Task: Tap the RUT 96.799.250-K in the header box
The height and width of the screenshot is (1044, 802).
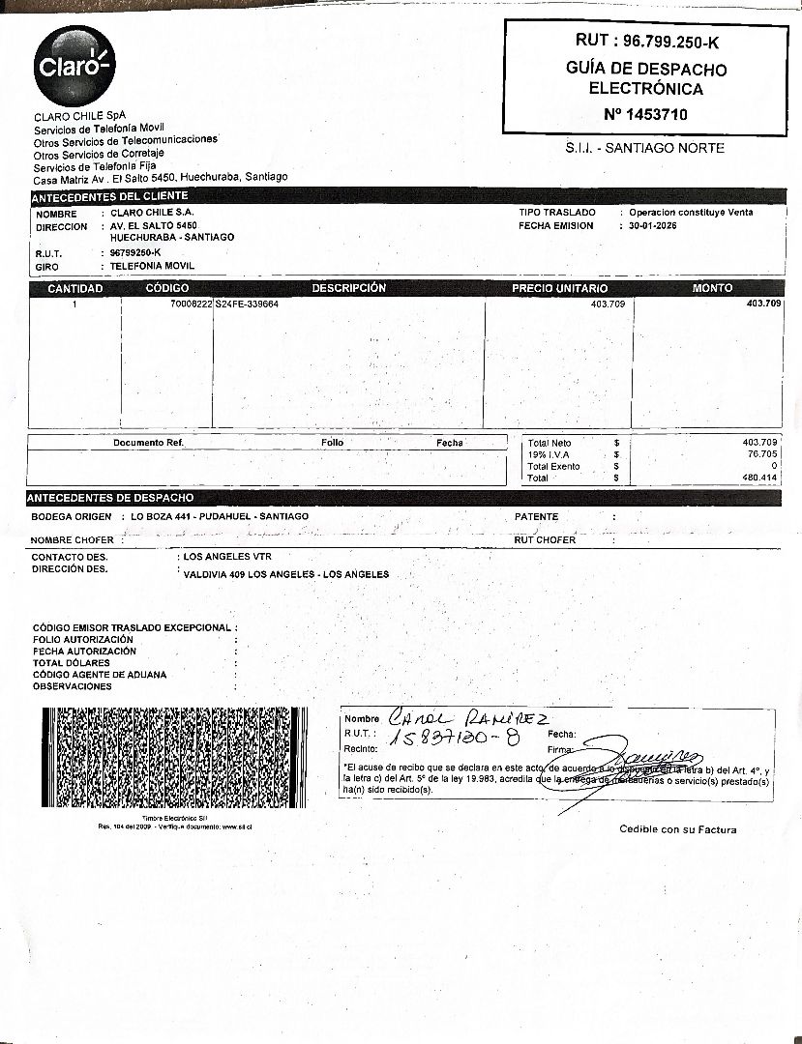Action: click(x=646, y=42)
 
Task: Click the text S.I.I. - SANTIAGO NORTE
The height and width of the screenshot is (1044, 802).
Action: click(x=644, y=148)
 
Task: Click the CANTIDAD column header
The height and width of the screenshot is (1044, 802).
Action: click(x=74, y=288)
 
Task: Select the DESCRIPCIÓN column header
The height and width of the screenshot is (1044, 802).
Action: click(x=348, y=288)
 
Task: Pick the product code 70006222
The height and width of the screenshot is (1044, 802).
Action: click(x=191, y=304)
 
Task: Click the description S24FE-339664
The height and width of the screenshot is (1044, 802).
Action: click(x=247, y=304)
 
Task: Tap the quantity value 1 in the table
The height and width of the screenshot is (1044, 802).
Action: click(x=74, y=304)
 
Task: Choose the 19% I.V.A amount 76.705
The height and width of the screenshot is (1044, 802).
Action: click(x=761, y=453)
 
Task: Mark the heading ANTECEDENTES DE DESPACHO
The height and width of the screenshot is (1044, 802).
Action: click(x=110, y=498)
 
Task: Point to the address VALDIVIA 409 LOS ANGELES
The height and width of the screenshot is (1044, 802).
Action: click(x=285, y=574)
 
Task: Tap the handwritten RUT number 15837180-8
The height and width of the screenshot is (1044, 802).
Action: click(x=454, y=739)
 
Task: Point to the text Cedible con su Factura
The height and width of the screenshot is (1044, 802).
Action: click(x=677, y=829)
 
